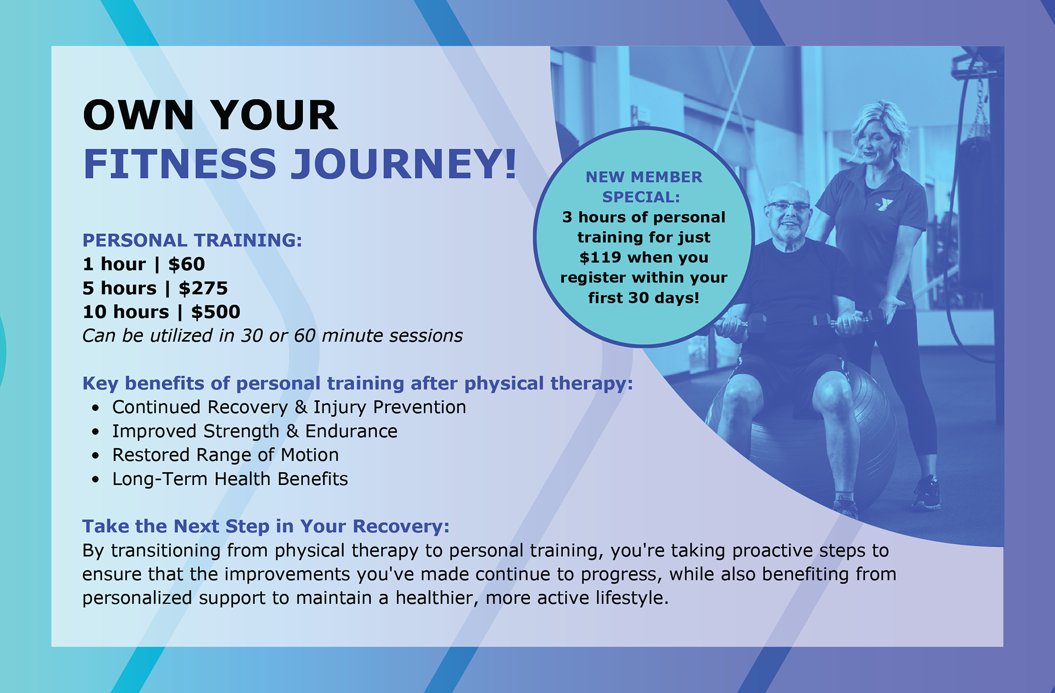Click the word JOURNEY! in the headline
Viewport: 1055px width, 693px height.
point(403,164)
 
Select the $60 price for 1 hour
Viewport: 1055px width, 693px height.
point(186,264)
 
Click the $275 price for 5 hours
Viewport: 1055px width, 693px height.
point(203,288)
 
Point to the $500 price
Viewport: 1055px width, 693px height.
point(215,312)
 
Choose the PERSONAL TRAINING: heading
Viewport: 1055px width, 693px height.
point(192,240)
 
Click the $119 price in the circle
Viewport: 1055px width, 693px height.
point(600,257)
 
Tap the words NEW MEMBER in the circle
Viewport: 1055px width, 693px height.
point(644,177)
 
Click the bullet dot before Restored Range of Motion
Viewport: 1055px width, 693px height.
point(96,455)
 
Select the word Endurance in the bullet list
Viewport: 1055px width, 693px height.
point(351,431)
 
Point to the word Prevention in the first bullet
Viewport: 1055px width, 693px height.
point(419,407)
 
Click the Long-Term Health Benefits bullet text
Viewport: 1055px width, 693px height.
point(230,479)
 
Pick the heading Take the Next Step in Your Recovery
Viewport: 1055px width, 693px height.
point(266,526)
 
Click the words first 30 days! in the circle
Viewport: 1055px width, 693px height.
point(643,298)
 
